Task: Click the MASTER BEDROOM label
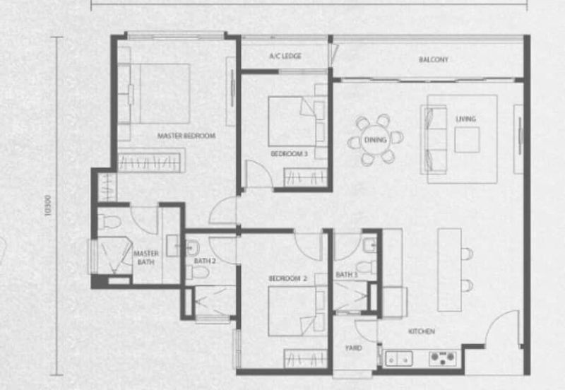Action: (x=186, y=136)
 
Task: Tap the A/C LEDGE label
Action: (x=285, y=56)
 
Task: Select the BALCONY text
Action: (x=434, y=59)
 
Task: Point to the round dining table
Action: (x=376, y=140)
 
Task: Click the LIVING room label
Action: (x=465, y=119)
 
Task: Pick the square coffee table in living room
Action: (x=467, y=140)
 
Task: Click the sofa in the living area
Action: (x=434, y=140)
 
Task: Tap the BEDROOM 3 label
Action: (x=289, y=153)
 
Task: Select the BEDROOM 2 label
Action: (x=287, y=278)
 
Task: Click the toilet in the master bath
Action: (x=109, y=222)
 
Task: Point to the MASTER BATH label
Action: (x=146, y=258)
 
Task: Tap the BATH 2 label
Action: (x=205, y=261)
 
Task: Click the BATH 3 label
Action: (x=346, y=275)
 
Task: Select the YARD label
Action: (x=353, y=348)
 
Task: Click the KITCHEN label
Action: (x=421, y=331)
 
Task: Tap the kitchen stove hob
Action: (x=443, y=358)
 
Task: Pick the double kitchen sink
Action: (x=399, y=359)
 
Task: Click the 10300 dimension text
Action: (x=47, y=206)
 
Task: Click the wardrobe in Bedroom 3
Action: (x=305, y=177)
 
